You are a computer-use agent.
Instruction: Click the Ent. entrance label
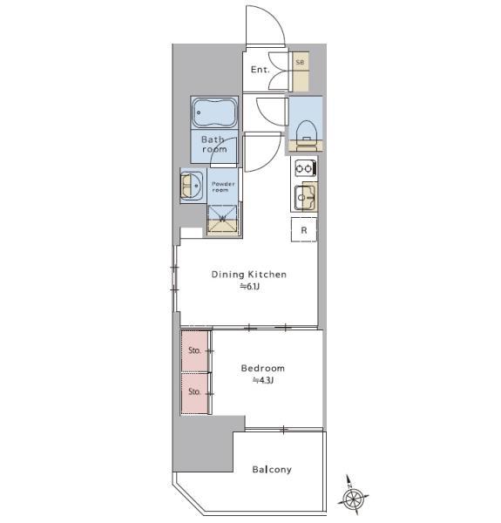260,70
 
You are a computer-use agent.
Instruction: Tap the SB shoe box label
300,62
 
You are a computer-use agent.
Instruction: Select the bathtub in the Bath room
214,112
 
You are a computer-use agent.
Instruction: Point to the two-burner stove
304,168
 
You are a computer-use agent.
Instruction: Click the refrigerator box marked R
304,230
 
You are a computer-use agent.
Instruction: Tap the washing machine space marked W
223,219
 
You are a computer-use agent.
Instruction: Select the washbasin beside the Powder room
192,186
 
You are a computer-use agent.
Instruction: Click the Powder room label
223,187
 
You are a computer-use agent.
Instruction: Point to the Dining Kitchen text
248,275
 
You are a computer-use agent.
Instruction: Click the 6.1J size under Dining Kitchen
250,286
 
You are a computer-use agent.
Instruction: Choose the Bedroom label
262,368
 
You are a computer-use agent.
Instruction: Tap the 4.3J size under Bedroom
263,380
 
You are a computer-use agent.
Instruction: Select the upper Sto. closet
194,350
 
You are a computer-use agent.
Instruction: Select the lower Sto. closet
194,393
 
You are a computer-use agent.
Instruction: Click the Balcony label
272,470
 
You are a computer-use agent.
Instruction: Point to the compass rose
352,497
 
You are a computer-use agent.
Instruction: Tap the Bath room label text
214,144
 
